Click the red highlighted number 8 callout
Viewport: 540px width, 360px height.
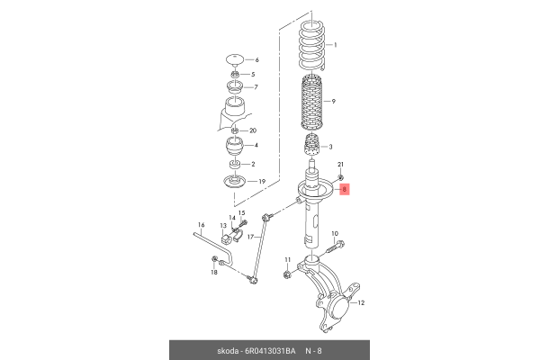345,189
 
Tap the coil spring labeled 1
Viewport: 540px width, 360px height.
311,47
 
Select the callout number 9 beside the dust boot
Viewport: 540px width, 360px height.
333,102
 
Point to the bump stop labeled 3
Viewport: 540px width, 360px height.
311,146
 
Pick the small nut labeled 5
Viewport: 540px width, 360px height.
235,74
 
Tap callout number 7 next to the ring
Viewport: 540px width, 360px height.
256,87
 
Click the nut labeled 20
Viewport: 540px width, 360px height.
234,130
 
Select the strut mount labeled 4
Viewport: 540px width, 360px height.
235,147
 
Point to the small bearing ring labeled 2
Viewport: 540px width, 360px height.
235,165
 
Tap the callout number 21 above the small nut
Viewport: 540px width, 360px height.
340,165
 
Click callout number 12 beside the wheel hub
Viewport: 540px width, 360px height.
361,302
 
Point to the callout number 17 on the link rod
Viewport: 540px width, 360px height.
250,237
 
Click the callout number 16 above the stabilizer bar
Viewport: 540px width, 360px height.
201,225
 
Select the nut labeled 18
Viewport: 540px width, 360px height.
214,258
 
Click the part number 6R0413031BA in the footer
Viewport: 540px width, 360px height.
270,351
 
